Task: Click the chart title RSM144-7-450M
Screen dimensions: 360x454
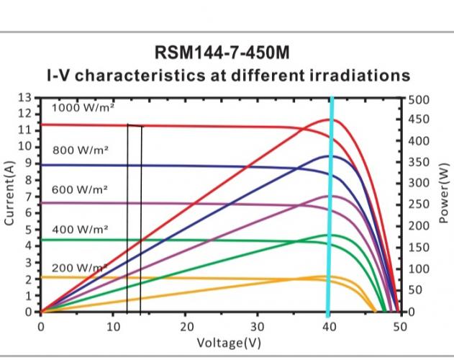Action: (227, 53)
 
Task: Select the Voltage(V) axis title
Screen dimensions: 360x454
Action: (227, 342)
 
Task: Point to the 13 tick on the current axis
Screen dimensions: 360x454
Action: (24, 97)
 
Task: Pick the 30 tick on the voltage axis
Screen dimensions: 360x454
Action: (258, 325)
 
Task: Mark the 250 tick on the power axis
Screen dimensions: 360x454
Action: (419, 205)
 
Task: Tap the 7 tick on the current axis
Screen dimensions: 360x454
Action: (27, 197)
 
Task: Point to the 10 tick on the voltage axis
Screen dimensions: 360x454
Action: (113, 325)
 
